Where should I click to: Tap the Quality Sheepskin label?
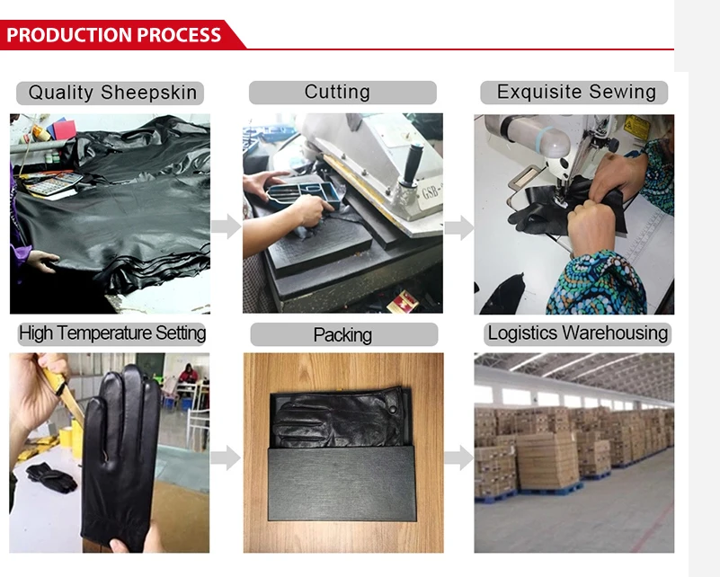tap(112, 93)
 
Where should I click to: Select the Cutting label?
tap(342, 92)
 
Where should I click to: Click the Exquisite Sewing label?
tap(575, 92)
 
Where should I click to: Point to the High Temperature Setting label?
tap(112, 333)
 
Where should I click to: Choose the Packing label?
tap(342, 335)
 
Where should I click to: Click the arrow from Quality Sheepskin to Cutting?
tap(226, 226)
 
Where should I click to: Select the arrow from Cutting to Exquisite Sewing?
tap(458, 228)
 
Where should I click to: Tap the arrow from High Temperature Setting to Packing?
tap(226, 457)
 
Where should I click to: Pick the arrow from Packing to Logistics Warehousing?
tap(458, 457)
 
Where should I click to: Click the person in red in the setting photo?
tap(189, 373)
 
